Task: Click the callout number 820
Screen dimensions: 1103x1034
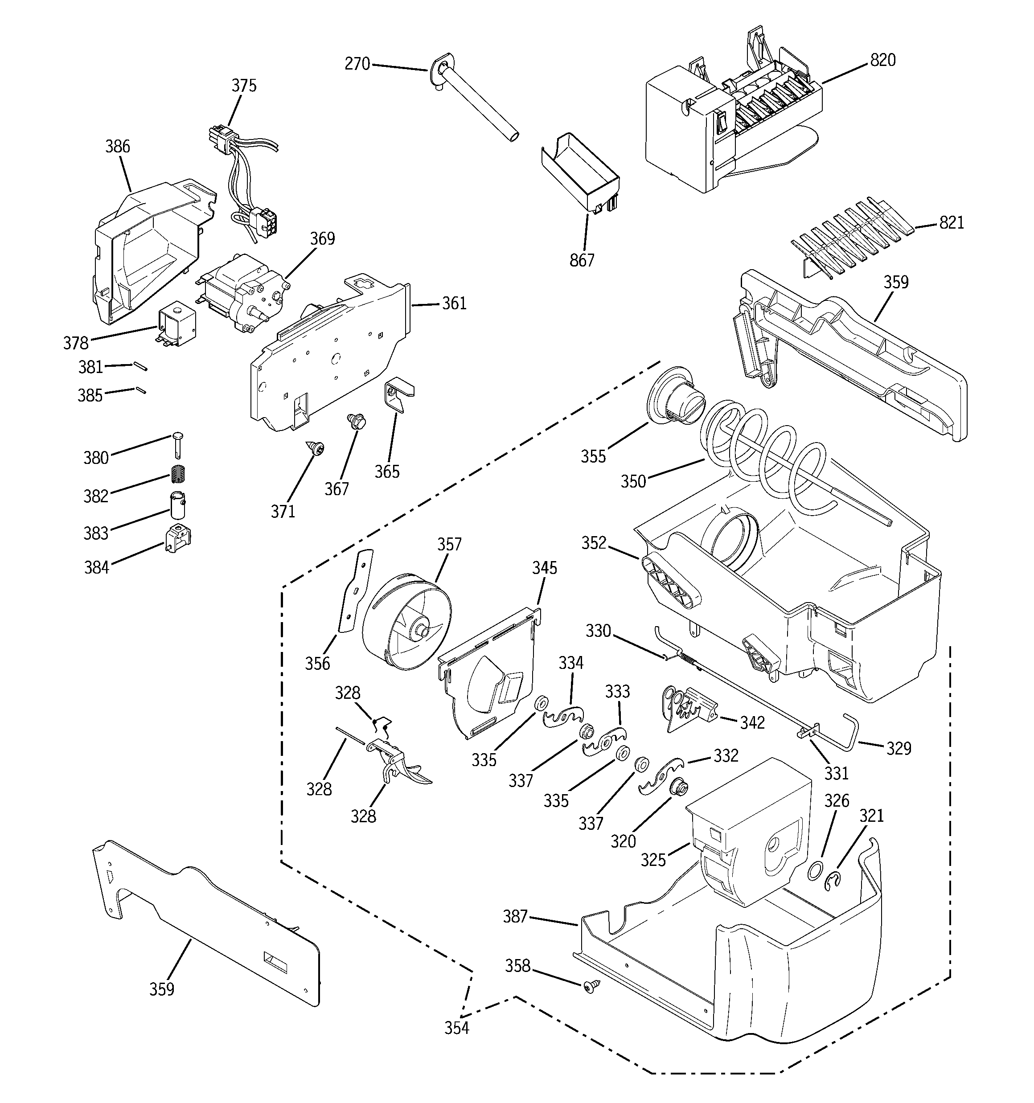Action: coord(882,60)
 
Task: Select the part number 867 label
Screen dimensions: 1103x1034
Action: coord(582,260)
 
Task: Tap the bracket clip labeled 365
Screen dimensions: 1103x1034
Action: coord(398,394)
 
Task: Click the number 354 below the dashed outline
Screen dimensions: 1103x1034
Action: coord(456,1028)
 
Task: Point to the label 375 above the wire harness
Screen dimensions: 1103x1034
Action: coord(244,86)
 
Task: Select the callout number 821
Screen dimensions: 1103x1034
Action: coord(951,222)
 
